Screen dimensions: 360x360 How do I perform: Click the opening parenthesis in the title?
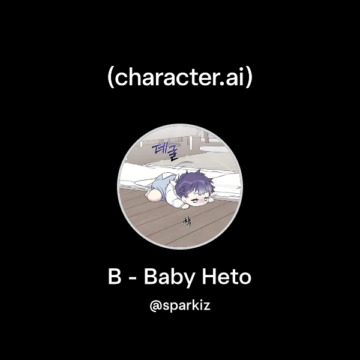pyautogui.click(x=111, y=79)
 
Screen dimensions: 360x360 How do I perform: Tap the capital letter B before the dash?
pyautogui.click(x=114, y=278)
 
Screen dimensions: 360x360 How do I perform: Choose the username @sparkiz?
pyautogui.click(x=180, y=306)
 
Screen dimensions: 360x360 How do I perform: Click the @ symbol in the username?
pyautogui.click(x=155, y=306)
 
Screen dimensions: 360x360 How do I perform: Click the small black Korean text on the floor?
pyautogui.click(x=187, y=222)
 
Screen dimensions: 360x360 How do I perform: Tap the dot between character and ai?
pyautogui.click(x=223, y=85)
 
